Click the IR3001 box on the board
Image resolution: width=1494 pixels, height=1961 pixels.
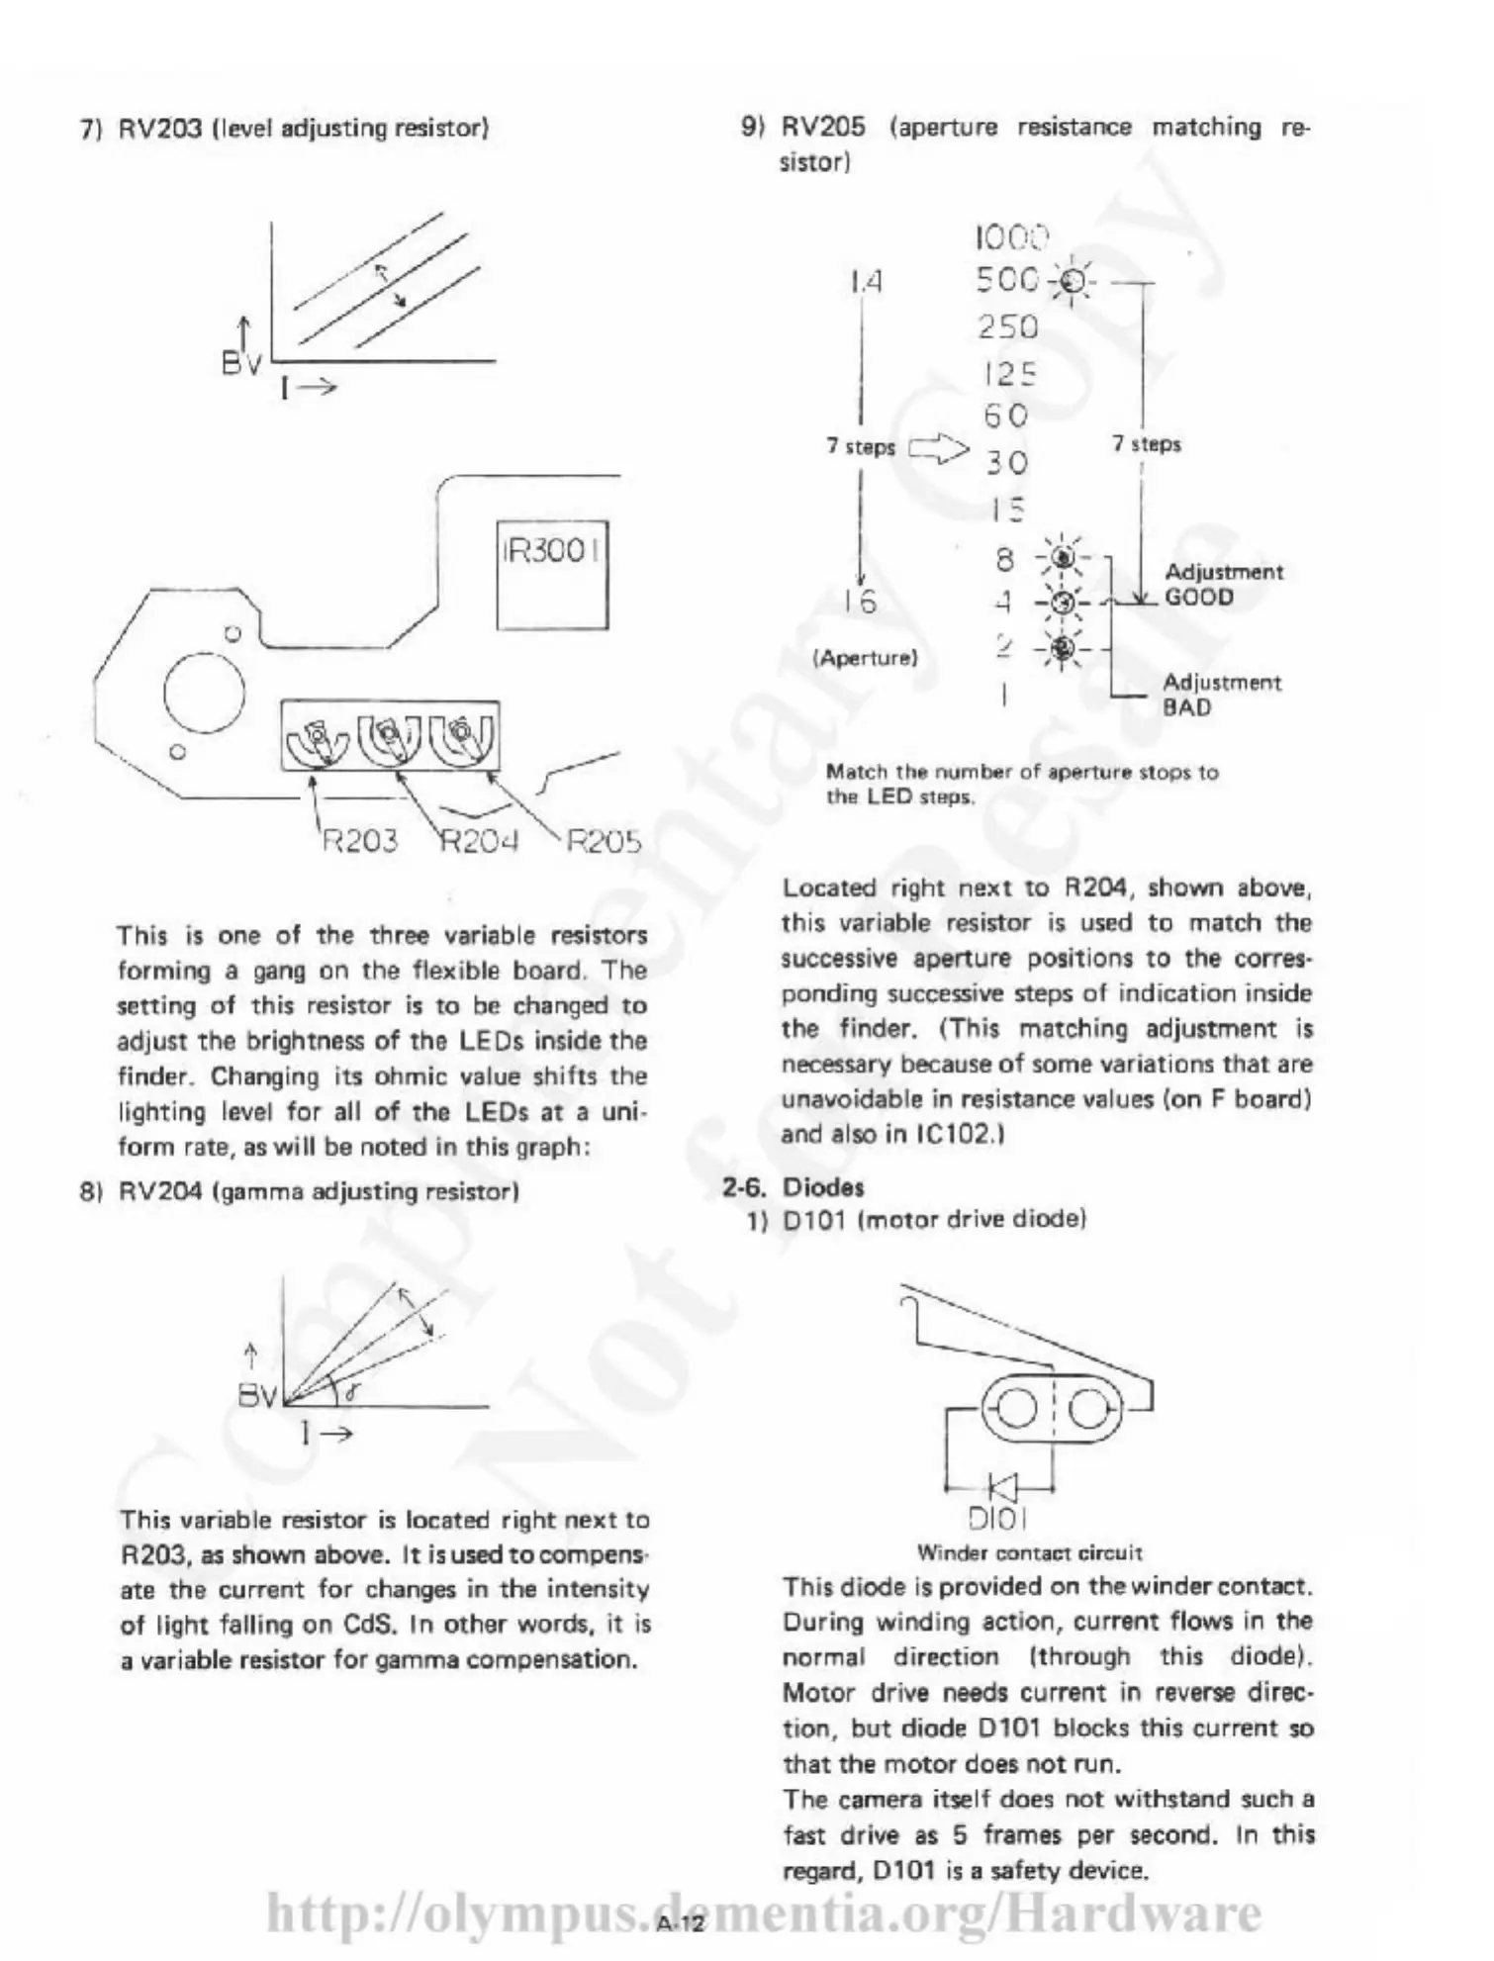coord(552,574)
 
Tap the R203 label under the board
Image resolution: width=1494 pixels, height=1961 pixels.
coord(361,842)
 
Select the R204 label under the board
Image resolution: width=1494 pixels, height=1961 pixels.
coord(479,842)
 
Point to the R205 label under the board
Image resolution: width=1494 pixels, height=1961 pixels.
coord(604,842)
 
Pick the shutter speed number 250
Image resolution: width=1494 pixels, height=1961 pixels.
coord(1008,327)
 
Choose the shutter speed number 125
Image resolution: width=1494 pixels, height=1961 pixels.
coord(1008,373)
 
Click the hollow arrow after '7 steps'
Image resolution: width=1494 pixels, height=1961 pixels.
coord(938,451)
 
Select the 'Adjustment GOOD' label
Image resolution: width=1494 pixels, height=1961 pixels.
coord(1223,585)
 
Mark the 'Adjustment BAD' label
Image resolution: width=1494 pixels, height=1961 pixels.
coord(1221,695)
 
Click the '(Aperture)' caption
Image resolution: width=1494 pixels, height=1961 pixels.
coord(865,658)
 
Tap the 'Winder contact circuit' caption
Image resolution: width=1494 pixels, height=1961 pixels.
coord(1029,1552)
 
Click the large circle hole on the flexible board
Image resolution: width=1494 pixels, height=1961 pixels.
coord(204,691)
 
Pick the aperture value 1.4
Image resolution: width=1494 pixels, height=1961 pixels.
coord(865,283)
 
